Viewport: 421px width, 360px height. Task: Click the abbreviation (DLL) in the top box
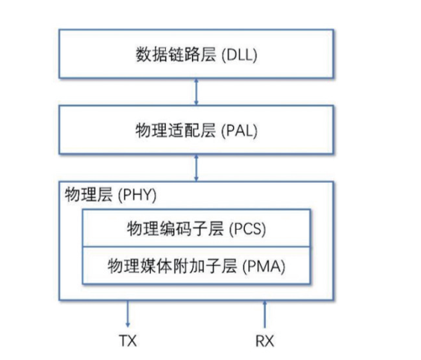point(239,55)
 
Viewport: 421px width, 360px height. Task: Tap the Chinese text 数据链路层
point(176,55)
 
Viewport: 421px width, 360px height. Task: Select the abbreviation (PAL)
point(239,131)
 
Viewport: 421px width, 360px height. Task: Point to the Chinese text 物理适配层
point(176,130)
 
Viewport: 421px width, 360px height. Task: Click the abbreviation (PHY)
point(138,195)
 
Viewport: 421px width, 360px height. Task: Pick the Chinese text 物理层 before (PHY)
point(89,195)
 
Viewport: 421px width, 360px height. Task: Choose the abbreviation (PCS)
point(247,229)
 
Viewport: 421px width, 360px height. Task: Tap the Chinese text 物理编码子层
point(175,228)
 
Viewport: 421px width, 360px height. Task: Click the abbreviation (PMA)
point(263,266)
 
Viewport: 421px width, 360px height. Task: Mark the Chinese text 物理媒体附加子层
point(173,266)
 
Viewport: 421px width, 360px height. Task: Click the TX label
point(128,341)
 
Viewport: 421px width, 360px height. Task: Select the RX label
point(265,341)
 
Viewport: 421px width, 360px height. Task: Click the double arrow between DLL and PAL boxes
point(196,91)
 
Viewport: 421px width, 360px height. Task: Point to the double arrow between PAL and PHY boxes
point(196,168)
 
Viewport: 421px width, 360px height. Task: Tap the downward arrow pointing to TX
point(127,314)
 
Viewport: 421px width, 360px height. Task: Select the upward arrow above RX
point(265,314)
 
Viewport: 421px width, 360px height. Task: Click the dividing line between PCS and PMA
point(196,247)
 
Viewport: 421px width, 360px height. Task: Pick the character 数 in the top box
point(143,55)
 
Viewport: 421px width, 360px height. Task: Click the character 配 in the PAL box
point(192,130)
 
